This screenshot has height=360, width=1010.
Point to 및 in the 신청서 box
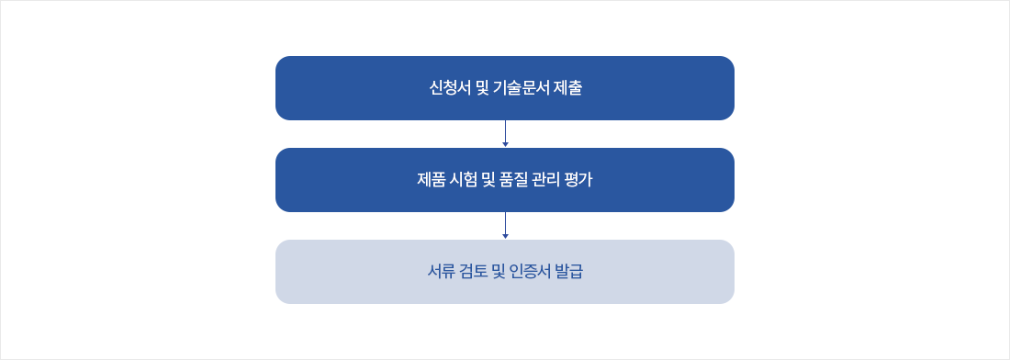coord(483,89)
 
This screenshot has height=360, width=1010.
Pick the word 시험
coord(468,180)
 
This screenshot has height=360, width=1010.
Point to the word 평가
coord(589,180)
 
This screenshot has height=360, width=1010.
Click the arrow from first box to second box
coord(505,134)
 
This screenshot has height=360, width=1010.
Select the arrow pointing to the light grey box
coord(505,226)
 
